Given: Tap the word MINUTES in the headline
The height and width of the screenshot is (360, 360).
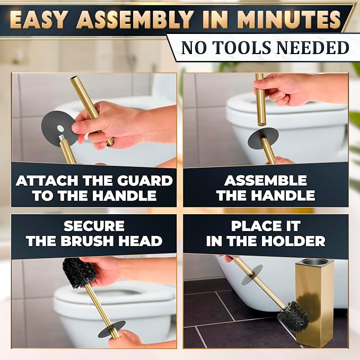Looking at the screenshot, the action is click(x=289, y=20).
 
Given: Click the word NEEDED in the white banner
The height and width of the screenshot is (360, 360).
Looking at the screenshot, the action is click(x=313, y=48).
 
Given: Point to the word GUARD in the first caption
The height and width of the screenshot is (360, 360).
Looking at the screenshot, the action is click(x=145, y=180).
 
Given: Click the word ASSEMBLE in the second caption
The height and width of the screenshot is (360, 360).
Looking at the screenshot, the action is click(x=266, y=180).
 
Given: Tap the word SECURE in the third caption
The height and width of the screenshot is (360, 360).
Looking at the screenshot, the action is click(x=94, y=226).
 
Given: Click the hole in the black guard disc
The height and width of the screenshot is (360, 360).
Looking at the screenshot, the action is click(x=60, y=128).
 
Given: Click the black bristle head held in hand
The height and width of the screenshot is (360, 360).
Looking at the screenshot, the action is click(x=79, y=273).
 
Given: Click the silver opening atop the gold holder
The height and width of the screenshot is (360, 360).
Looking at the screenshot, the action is click(x=314, y=261).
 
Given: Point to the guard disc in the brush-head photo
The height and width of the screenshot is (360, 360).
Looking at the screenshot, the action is click(x=111, y=329).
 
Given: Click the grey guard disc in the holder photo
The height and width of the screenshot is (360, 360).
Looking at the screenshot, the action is click(x=252, y=275).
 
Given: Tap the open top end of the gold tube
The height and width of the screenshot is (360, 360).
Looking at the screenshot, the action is click(x=74, y=79).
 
